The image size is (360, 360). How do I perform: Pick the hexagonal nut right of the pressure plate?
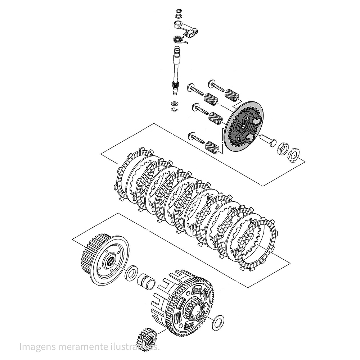pos(283,148)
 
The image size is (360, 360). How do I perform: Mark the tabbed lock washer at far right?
pos(294,154)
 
